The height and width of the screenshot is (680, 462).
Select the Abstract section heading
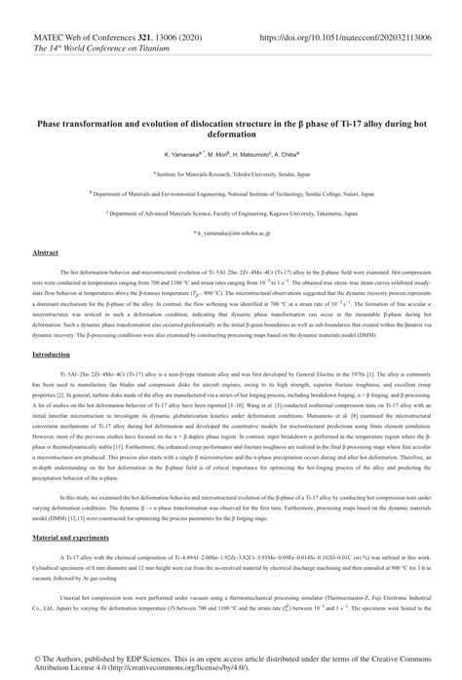click(46, 252)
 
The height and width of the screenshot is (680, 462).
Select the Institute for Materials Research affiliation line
click(230, 172)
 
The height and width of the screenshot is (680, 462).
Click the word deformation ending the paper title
click(230, 135)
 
